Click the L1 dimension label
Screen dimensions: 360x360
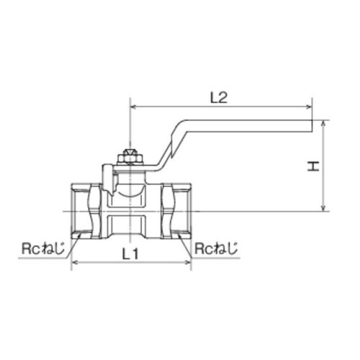(130, 253)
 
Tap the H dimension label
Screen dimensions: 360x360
(312, 166)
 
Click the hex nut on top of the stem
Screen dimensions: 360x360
(130, 156)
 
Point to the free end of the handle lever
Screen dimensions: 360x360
(310, 126)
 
